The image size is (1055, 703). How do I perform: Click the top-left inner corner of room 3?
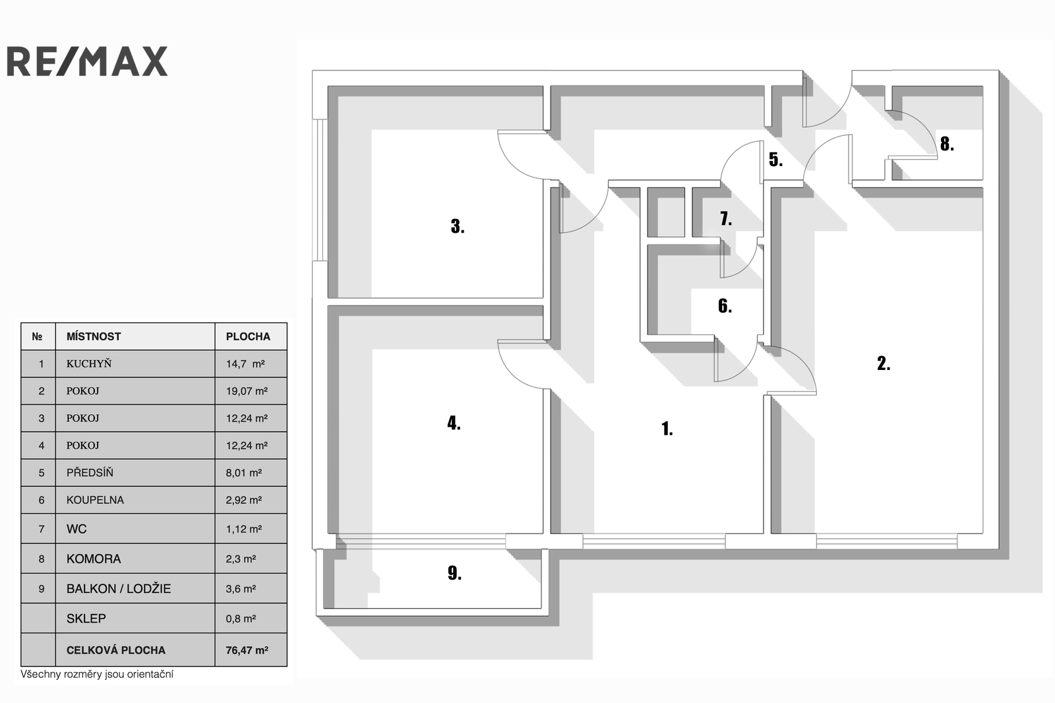point(328,86)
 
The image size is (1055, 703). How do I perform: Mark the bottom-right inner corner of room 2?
point(983,534)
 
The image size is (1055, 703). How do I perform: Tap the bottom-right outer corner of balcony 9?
point(549,617)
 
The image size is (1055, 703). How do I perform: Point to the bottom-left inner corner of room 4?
point(328,534)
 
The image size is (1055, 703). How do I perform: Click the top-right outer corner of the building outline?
point(999,70)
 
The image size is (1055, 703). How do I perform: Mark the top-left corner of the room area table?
point(20,322)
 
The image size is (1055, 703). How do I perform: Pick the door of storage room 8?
point(912,135)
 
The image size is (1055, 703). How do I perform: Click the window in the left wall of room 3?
point(320,190)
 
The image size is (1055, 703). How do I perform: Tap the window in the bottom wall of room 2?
point(886,541)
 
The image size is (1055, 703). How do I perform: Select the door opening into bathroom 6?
point(736,359)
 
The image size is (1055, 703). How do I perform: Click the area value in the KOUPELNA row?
point(243,500)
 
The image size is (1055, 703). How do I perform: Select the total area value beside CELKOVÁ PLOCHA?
point(247,650)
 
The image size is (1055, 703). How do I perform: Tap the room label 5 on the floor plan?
point(775,160)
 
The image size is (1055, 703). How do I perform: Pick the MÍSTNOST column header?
point(94,336)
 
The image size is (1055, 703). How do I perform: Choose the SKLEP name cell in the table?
point(135,618)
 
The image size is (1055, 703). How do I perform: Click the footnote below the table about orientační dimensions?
point(97,674)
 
